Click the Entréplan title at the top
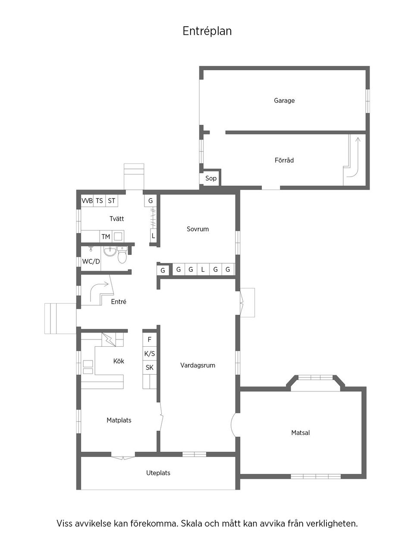[x=207, y=31]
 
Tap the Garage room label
[x=284, y=100]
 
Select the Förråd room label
[x=284, y=160]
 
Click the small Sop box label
[x=211, y=178]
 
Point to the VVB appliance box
[x=87, y=201]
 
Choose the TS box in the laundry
[x=100, y=201]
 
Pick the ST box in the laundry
[x=112, y=201]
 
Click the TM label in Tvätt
[x=106, y=237]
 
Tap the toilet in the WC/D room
[x=122, y=256]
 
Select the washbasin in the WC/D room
[x=110, y=251]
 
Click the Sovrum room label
[x=198, y=229]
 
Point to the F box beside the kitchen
[x=150, y=340]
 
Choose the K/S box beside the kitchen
[x=150, y=354]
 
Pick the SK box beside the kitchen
[x=150, y=367]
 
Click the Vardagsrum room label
[x=198, y=365]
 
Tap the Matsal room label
[x=301, y=433]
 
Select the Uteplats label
[x=158, y=473]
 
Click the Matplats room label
[x=119, y=420]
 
